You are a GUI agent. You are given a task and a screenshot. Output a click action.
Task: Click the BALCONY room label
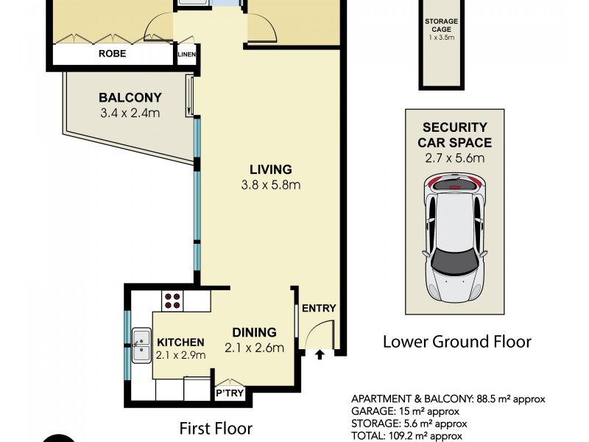coord(130,97)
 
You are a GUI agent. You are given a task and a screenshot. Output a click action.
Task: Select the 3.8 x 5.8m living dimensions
coord(270,185)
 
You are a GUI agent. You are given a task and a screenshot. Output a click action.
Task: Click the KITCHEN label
coord(180,342)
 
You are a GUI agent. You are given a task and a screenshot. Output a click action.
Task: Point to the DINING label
coord(254,332)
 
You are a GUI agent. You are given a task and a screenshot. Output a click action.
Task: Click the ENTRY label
coord(319,308)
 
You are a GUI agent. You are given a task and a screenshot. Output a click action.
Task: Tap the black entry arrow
coord(320,355)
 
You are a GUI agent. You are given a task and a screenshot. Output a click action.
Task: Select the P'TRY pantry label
coord(230,393)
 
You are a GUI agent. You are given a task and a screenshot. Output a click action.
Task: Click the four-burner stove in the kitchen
coord(172,299)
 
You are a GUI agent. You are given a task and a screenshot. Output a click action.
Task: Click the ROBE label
coord(113,54)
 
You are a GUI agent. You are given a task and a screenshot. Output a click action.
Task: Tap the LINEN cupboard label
coord(186,54)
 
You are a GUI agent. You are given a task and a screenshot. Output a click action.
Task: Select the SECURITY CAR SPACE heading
coord(454,134)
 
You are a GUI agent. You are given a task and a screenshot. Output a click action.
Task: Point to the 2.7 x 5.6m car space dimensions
coord(454,158)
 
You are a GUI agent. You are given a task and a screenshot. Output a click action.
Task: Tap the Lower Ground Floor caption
coord(456,342)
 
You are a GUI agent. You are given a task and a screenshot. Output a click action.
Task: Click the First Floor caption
coord(217,428)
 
